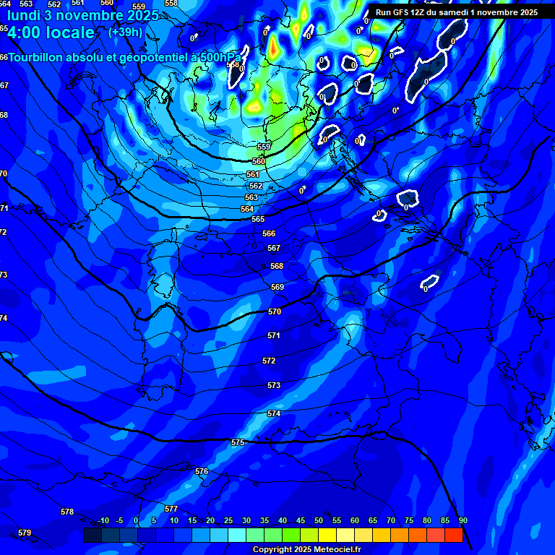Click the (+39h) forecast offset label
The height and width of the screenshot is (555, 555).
[x=125, y=32]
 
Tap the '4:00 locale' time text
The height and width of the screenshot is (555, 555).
[x=51, y=33]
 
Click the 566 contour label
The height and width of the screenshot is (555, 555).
[x=269, y=233]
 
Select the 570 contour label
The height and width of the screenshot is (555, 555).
[x=274, y=311]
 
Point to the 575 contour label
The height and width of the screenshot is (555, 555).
[x=238, y=442]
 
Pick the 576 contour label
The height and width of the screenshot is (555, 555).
[x=202, y=471]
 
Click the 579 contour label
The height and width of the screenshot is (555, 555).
[x=25, y=533]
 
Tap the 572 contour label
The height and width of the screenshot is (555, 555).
[x=269, y=361]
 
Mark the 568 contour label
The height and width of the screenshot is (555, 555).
[x=277, y=266]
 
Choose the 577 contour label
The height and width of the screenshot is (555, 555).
[x=171, y=509]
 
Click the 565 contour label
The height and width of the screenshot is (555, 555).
[x=258, y=219]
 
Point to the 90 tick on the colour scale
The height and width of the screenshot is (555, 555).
[x=462, y=521]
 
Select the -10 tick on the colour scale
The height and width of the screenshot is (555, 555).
[x=103, y=521]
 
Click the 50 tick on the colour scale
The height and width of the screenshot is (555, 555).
[x=319, y=521]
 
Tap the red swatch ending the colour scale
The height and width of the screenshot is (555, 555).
[x=453, y=535]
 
